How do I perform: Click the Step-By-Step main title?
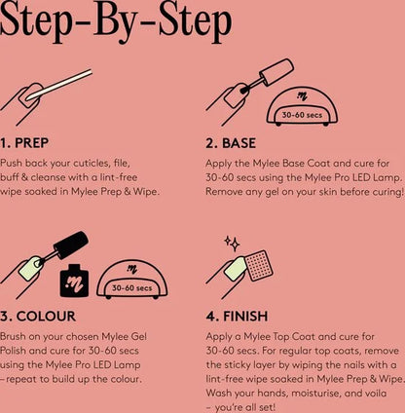point(121,21)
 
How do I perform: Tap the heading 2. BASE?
point(231,142)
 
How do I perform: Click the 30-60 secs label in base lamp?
point(300,115)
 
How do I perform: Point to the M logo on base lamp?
point(300,97)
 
